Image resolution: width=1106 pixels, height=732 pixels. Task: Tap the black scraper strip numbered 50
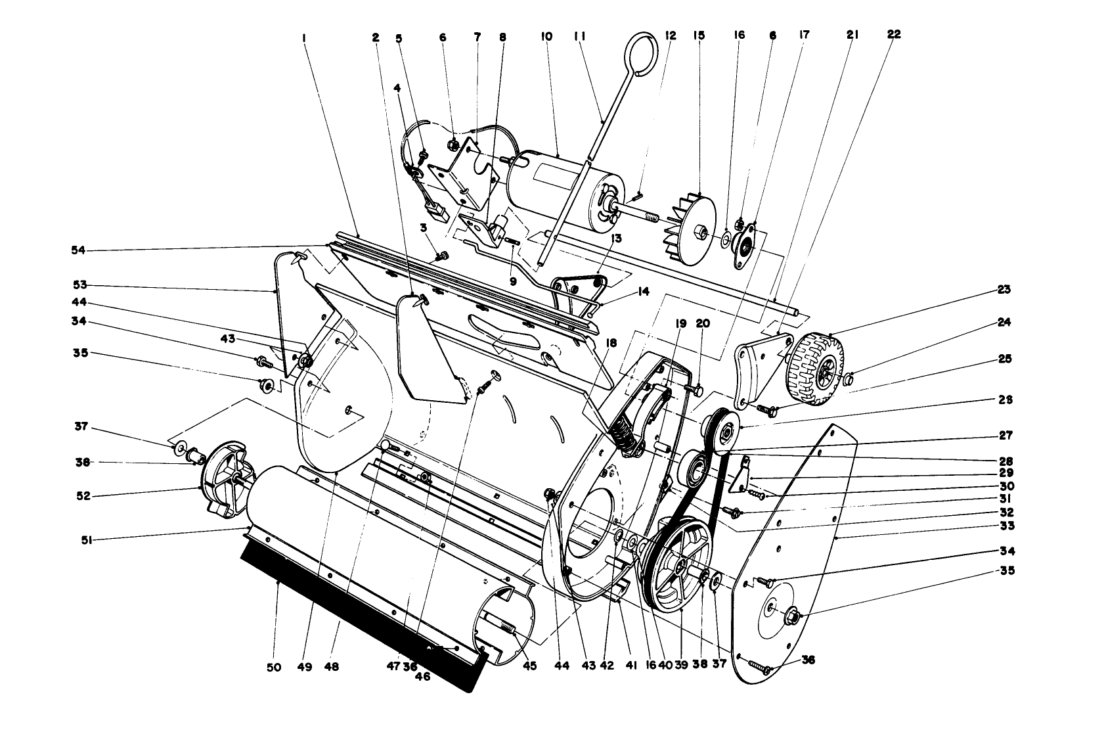point(355,615)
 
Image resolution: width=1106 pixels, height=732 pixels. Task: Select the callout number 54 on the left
point(79,250)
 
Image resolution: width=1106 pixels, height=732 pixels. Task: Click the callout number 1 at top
point(305,38)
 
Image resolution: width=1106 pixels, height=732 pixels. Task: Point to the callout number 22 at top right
point(894,34)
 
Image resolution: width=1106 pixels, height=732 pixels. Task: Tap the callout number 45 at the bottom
point(529,666)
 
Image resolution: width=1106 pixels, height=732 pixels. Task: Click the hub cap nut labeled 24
point(848,378)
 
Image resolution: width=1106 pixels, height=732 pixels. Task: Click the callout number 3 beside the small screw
point(424,227)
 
